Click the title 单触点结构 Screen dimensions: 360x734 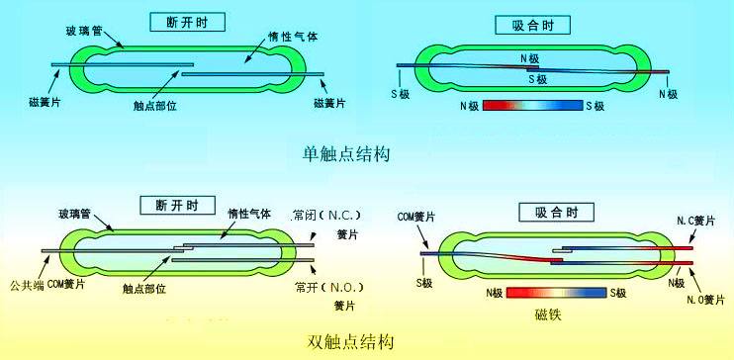click(x=345, y=154)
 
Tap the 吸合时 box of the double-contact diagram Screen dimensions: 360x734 click(x=556, y=211)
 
